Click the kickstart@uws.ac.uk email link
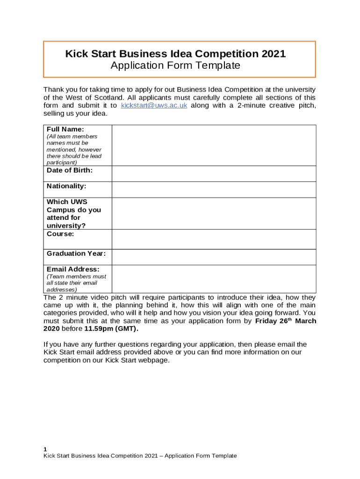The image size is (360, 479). (x=154, y=106)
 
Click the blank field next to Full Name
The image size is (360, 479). (x=213, y=145)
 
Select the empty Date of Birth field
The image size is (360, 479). (x=213, y=174)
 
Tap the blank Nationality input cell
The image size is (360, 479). (x=213, y=189)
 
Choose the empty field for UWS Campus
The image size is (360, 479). (x=213, y=213)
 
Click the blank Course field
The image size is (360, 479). (x=213, y=239)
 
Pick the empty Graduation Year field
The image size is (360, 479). (x=213, y=257)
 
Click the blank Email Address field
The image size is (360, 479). (x=213, y=279)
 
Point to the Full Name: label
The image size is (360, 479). (x=65, y=129)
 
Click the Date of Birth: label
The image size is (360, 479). (x=70, y=170)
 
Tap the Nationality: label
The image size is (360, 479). (x=66, y=186)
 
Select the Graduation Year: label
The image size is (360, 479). (x=76, y=254)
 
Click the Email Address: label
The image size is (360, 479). (x=73, y=269)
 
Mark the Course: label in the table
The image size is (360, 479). (x=60, y=234)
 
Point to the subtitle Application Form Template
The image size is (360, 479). (x=175, y=65)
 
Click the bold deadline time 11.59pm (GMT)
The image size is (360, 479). (x=111, y=329)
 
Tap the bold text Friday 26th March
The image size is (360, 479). (x=285, y=321)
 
